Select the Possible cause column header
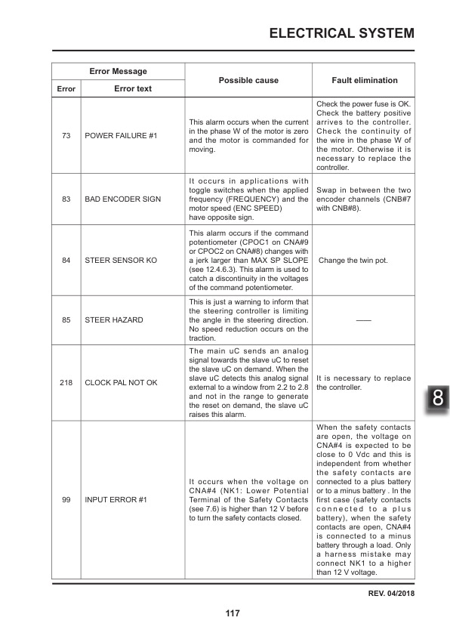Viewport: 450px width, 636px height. [248, 80]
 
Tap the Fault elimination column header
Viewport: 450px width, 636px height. [364, 80]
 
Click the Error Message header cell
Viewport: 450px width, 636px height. [118, 72]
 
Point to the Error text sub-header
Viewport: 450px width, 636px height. [133, 88]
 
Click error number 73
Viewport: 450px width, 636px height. [66, 136]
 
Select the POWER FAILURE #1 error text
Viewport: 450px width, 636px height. [121, 136]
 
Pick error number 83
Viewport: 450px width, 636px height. [66, 199]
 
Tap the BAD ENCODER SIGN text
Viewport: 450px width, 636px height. [123, 199]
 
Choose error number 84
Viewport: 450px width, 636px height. [66, 261]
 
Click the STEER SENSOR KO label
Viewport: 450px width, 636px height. [121, 261]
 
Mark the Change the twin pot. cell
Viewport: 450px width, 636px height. [355, 261]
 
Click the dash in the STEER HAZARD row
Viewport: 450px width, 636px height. [364, 320]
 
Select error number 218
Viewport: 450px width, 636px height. [66, 382]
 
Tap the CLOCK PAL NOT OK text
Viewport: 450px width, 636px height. [121, 382]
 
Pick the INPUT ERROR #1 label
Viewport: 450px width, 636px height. [116, 500]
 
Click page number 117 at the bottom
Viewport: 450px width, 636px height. [233, 613]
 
